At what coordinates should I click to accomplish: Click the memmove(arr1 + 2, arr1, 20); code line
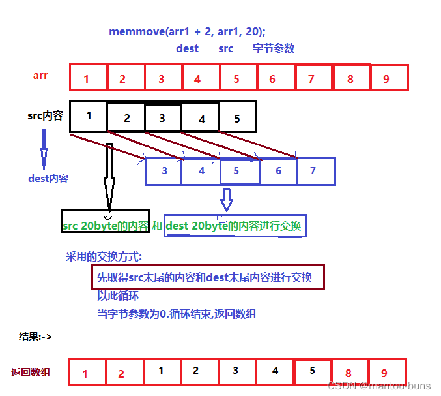point(187,31)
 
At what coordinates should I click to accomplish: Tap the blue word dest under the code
point(187,49)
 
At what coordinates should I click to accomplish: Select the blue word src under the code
point(226,49)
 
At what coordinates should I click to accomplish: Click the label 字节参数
point(274,49)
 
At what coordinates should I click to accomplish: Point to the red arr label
point(40,76)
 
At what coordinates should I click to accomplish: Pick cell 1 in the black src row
point(88,116)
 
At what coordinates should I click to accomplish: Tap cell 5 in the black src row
point(237,117)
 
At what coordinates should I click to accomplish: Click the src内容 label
point(45,116)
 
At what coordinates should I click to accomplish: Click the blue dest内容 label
point(48,178)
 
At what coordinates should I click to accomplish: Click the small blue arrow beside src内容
point(44,148)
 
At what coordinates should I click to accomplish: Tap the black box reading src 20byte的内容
point(105,225)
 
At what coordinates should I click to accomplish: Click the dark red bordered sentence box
point(207,277)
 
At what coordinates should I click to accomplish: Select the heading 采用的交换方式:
point(104,256)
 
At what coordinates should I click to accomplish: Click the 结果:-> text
point(36,337)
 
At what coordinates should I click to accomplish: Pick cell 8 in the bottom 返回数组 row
point(349,372)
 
